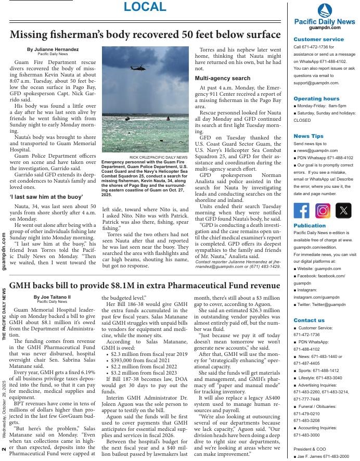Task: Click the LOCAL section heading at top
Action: (145, 7)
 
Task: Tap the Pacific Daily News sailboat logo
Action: (324, 10)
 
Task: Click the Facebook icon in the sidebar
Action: (301, 210)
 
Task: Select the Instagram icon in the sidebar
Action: (323, 210)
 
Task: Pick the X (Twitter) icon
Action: (343, 210)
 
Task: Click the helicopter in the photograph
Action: (138, 68)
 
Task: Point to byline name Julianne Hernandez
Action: (53, 49)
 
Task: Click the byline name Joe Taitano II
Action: (52, 297)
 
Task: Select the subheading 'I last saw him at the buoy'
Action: (46, 197)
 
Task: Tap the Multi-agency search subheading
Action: (222, 78)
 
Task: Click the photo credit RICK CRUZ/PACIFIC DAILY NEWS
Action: (158, 157)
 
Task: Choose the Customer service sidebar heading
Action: (318, 40)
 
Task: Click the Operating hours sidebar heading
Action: (316, 98)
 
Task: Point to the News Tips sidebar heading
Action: (308, 136)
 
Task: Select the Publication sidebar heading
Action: (310, 226)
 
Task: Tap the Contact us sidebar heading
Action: (309, 320)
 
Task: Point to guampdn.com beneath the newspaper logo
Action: (325, 28)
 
